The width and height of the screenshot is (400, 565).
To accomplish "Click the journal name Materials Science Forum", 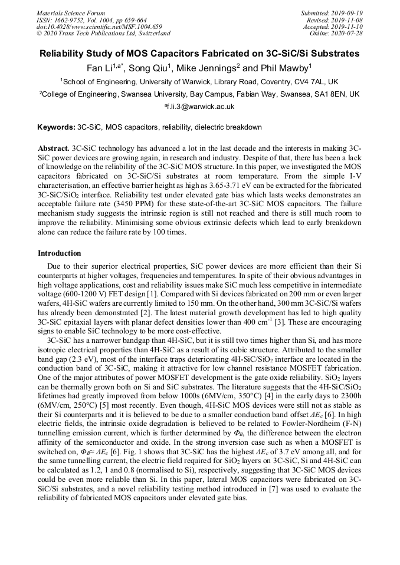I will pos(71,13).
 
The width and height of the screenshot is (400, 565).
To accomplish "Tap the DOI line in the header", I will pos(99,27).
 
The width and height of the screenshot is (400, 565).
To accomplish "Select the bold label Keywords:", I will pos(56,127).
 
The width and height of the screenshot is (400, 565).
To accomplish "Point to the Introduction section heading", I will pos(60,253).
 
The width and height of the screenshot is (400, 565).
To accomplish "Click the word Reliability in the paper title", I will pos(65,54).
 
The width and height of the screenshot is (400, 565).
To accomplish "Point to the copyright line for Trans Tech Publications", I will pos(103,33).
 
